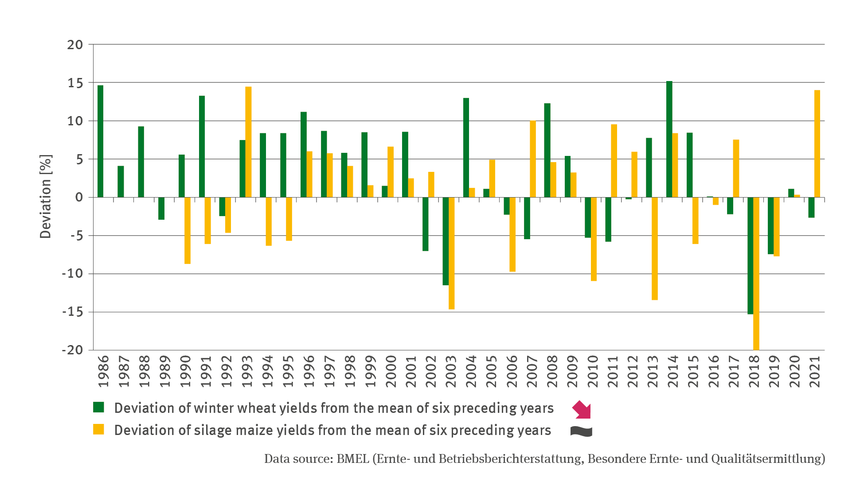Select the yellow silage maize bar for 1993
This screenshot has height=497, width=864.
point(248,142)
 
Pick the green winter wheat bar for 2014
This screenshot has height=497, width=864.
point(669,139)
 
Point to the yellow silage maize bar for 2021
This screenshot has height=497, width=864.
point(817,144)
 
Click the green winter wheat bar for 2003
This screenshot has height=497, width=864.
point(446,241)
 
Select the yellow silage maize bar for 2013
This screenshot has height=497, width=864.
point(654,248)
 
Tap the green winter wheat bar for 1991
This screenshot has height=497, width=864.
point(202,146)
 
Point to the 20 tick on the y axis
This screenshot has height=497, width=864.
point(75,45)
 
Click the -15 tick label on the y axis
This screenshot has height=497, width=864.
point(72,312)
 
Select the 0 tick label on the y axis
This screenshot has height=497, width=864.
point(79,198)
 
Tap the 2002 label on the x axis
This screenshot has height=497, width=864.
point(430,371)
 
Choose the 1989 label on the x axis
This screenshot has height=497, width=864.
point(164,371)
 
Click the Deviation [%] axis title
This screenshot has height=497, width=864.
point(46,197)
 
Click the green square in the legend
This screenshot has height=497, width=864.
point(98,407)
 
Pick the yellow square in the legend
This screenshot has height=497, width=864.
point(98,429)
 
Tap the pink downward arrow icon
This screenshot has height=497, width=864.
point(582,409)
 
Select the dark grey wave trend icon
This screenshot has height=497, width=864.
point(581,431)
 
